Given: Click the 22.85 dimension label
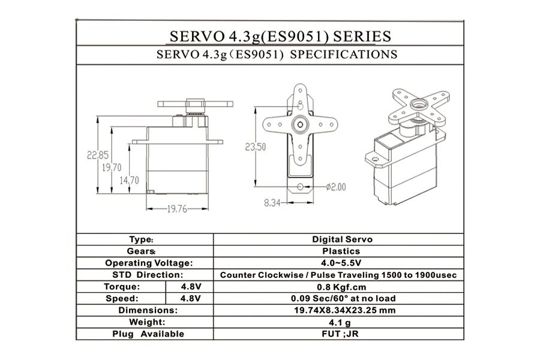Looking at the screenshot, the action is click(97, 155).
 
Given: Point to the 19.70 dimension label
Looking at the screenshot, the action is click(112, 168).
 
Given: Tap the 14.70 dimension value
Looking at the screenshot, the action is click(129, 180).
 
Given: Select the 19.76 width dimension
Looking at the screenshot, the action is click(177, 209).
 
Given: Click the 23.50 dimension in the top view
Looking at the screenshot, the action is click(255, 147).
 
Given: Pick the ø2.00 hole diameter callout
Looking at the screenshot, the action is click(336, 187).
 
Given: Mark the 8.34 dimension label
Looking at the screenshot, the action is click(272, 203).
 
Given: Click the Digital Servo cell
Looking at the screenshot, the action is click(342, 239).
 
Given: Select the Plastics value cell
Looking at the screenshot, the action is click(341, 251).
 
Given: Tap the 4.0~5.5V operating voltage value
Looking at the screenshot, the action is click(341, 263).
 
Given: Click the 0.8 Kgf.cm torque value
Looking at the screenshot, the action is click(341, 287).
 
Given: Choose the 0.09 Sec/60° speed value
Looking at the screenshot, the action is click(343, 298).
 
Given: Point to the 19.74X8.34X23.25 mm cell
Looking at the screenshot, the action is click(345, 310).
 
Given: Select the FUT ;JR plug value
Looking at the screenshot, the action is click(340, 334).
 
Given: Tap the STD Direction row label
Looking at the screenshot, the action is click(148, 275).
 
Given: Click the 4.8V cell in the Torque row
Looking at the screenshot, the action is click(191, 287).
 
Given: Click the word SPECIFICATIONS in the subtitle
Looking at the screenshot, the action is click(343, 55).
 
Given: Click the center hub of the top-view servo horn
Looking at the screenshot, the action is click(300, 124).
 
